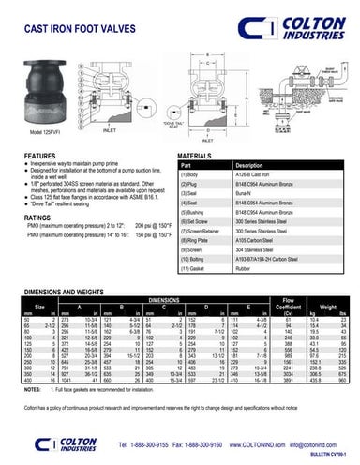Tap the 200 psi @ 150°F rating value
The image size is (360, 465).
(x=153, y=227)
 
